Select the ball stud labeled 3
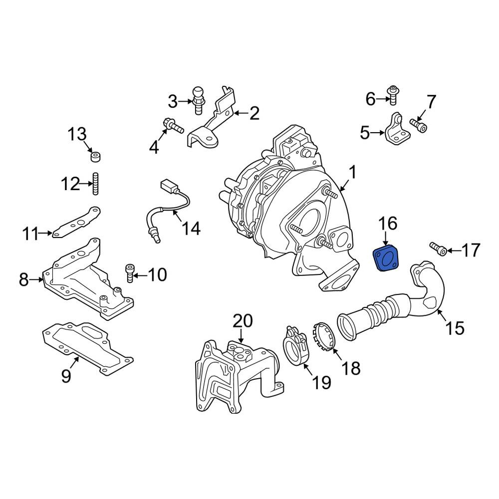pyautogui.click(x=198, y=100)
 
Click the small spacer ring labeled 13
pyautogui.click(x=95, y=157)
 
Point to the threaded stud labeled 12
pyautogui.click(x=95, y=184)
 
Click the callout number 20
pyautogui.click(x=243, y=320)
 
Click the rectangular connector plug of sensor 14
pyautogui.click(x=167, y=185)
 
